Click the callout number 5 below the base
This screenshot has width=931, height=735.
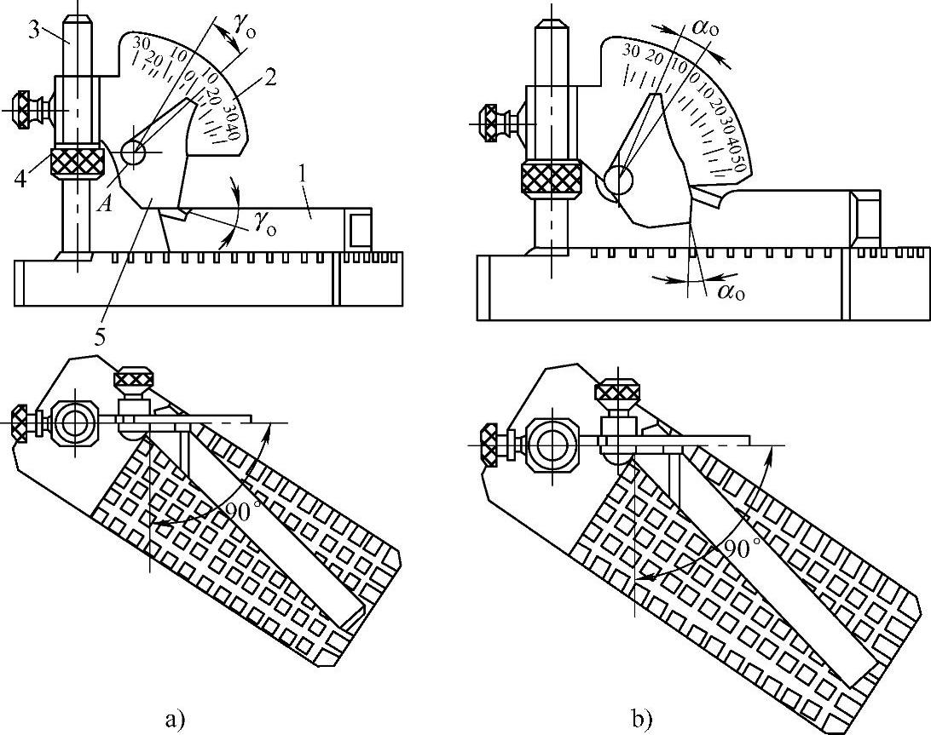101,336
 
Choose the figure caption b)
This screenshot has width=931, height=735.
642,720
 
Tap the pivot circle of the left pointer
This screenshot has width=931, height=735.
134,153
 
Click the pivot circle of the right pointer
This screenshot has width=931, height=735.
617,181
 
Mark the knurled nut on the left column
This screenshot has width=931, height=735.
78,162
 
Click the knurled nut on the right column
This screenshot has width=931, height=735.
552,178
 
